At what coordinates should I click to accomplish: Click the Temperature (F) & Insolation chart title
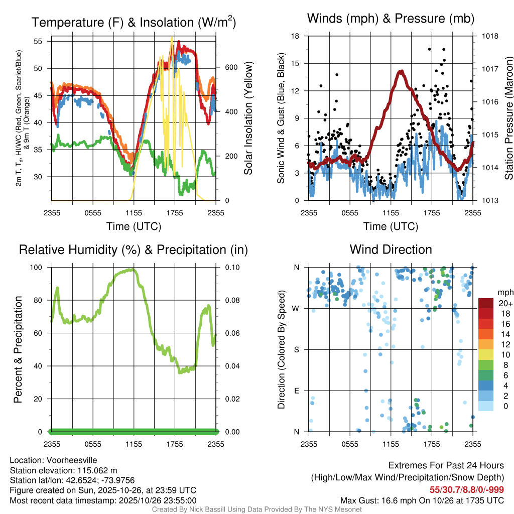click(134, 23)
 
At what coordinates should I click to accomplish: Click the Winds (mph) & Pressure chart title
click(391, 19)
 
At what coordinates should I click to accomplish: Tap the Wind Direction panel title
click(391, 249)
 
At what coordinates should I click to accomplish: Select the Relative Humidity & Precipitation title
click(134, 249)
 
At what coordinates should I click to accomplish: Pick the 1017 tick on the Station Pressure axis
click(490, 69)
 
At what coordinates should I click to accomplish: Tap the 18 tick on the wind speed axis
click(296, 36)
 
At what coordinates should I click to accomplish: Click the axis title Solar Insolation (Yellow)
click(248, 118)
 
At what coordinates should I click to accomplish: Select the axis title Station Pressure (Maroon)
click(508, 118)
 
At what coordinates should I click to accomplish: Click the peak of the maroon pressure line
click(401, 72)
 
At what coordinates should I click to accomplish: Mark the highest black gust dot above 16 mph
click(429, 49)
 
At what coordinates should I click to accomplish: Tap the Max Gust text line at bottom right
click(422, 500)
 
